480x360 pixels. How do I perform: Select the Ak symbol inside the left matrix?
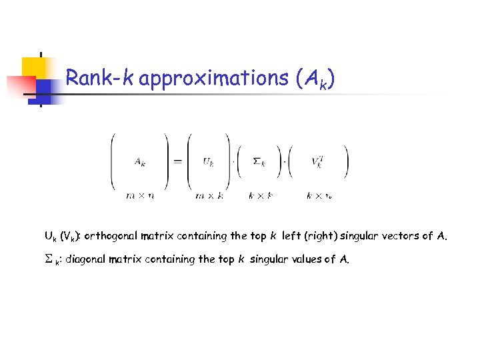(x=140, y=160)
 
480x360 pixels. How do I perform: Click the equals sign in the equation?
(x=179, y=161)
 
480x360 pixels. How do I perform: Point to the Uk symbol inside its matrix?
(x=209, y=161)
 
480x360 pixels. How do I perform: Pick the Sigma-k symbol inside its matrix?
(x=260, y=161)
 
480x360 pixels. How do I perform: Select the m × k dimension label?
(x=209, y=196)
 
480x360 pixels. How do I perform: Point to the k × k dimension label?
(x=260, y=196)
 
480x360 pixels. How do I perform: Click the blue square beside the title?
(x=44, y=89)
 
